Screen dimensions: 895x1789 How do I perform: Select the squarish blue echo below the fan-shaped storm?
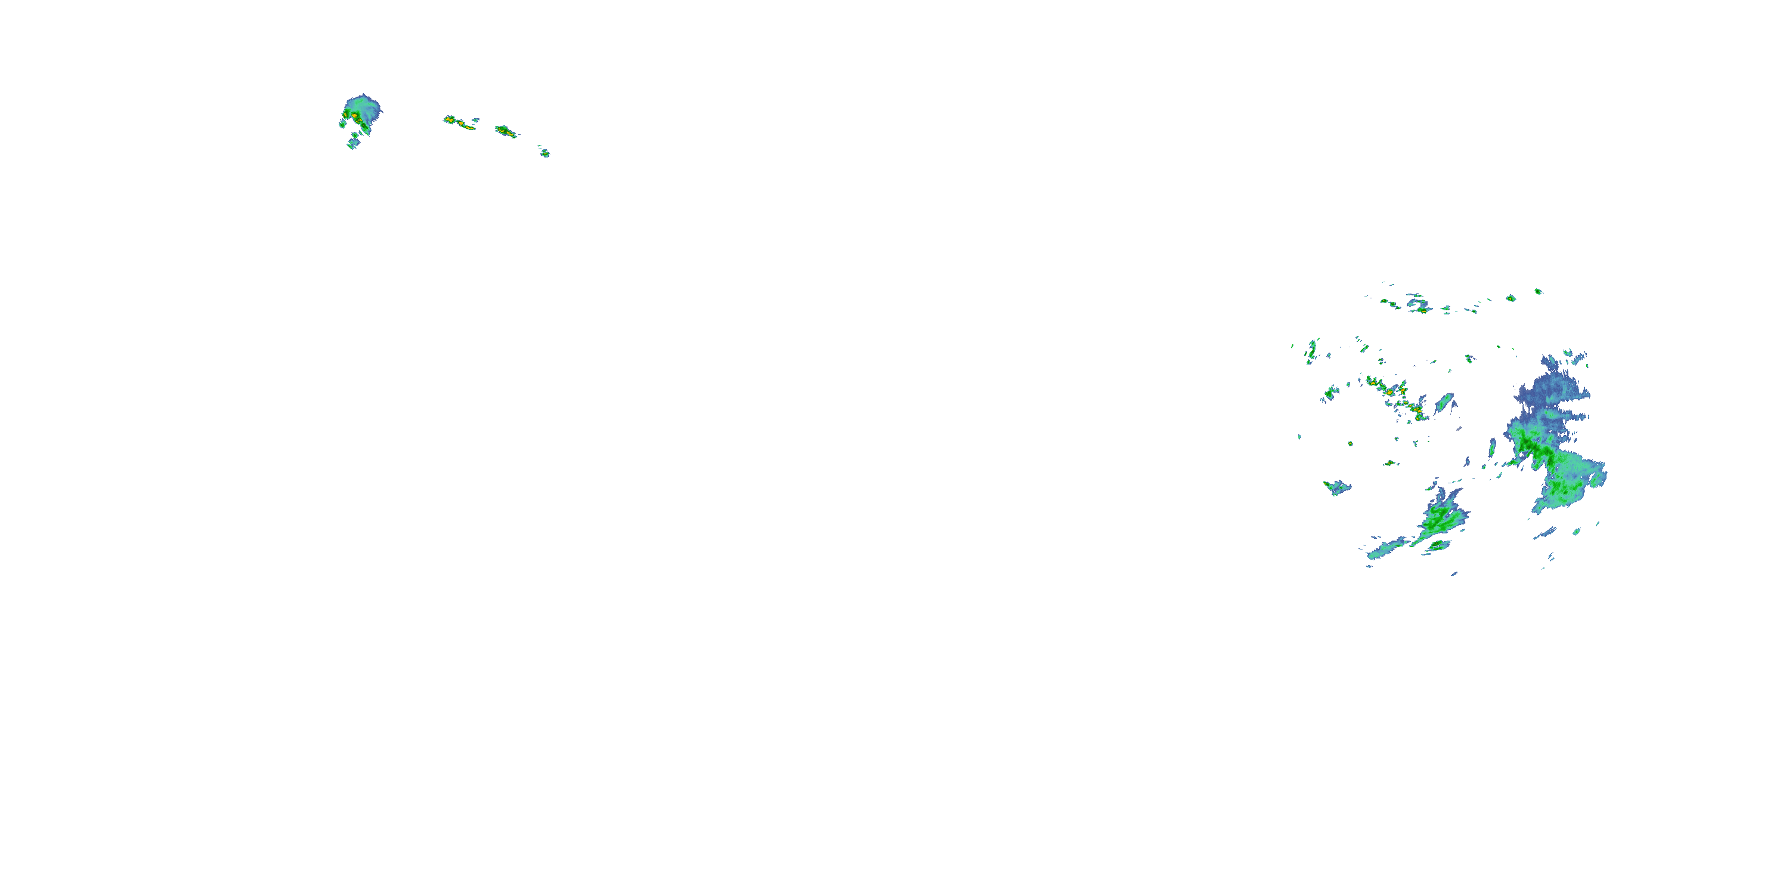[x=354, y=143]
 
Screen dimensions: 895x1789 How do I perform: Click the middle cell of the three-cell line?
[x=505, y=131]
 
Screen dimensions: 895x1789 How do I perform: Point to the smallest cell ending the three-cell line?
[x=545, y=153]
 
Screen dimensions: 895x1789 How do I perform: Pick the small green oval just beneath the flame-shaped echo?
[x=1438, y=546]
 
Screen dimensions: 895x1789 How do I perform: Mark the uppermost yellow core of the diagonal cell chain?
[x=1372, y=381]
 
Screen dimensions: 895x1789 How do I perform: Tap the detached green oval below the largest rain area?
[x=1577, y=532]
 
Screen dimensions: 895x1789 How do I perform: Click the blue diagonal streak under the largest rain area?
[x=1545, y=533]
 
